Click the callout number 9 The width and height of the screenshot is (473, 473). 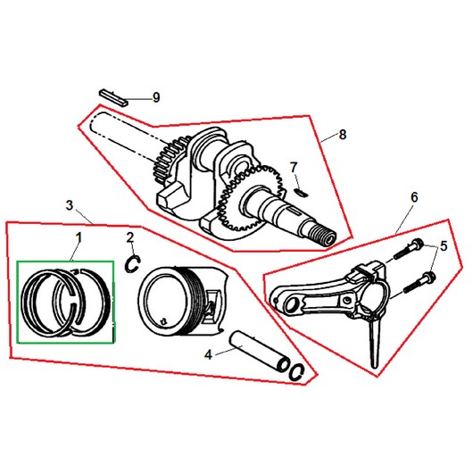[x=156, y=97]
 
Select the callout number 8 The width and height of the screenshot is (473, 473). [x=343, y=135]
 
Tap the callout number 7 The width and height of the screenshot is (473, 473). [x=294, y=168]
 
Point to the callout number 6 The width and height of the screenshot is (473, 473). [x=414, y=197]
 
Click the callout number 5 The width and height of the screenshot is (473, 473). [x=444, y=246]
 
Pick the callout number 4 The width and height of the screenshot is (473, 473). [x=209, y=355]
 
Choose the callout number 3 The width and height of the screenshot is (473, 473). [x=70, y=205]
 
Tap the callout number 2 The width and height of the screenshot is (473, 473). [x=130, y=237]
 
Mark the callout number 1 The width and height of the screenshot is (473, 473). [x=79, y=237]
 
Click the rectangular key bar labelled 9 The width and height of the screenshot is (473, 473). [x=113, y=97]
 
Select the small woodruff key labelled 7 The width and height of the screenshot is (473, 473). [x=301, y=193]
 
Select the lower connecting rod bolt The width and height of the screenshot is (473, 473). [x=419, y=283]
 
